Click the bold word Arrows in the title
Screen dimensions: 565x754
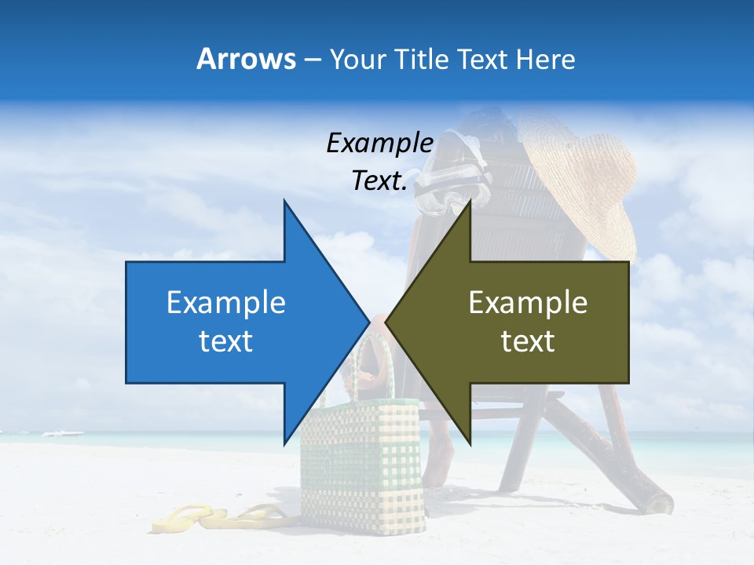pos(246,59)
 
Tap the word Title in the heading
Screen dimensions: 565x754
pos(419,59)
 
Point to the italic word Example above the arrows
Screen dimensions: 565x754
pos(379,144)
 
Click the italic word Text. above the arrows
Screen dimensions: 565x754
pos(379,181)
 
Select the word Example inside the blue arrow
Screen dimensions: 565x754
pos(226,303)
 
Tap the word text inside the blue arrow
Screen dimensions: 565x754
pos(226,341)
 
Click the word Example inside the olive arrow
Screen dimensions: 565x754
pos(528,303)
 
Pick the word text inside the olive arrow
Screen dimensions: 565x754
pos(528,341)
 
